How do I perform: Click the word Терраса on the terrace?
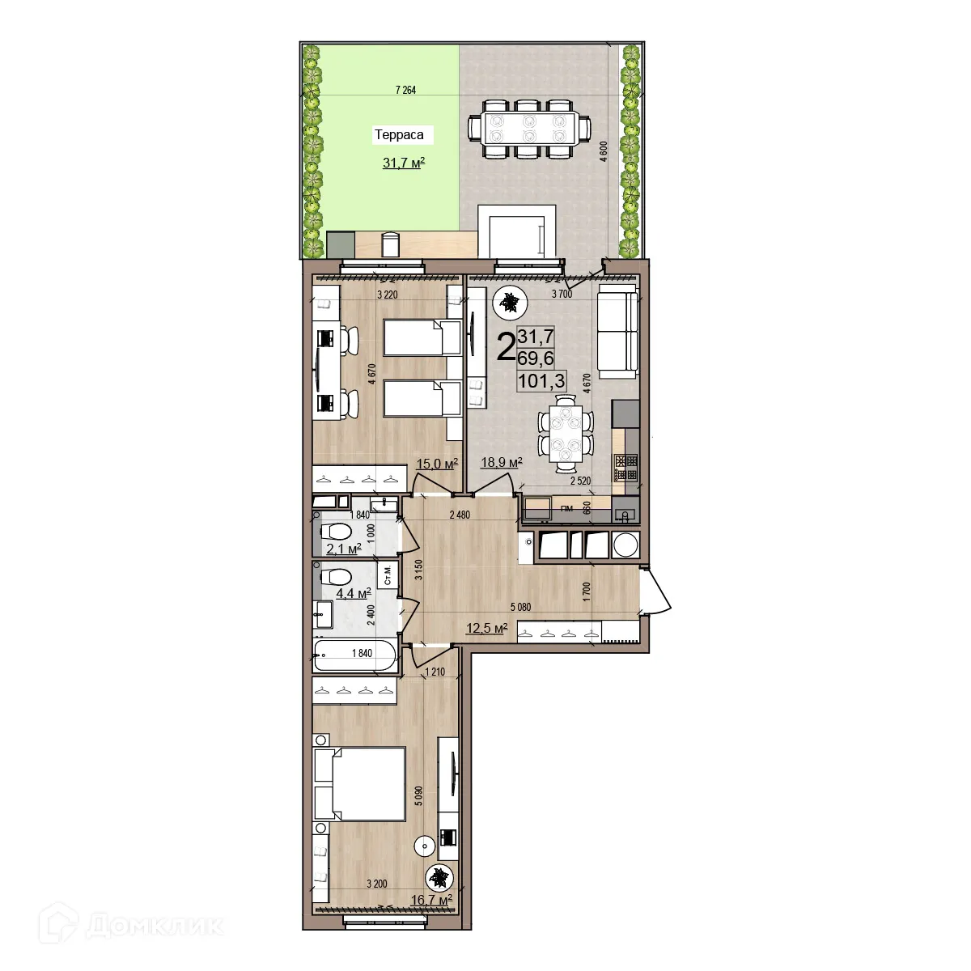coord(398,135)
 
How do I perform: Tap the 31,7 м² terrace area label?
coord(404,163)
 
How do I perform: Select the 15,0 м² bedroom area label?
coord(437,463)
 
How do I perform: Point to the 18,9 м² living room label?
coord(502,462)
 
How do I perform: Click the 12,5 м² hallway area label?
coord(485,628)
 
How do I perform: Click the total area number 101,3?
coord(541,379)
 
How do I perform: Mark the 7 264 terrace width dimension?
coord(405,90)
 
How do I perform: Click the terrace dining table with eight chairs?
coord(528,128)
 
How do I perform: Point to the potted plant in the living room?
coord(510,303)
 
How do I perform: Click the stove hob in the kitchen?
coord(625,466)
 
